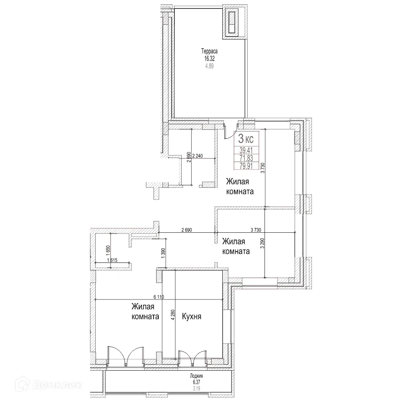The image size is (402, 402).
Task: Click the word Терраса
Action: click(x=209, y=51)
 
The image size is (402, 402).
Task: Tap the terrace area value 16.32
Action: click(x=209, y=59)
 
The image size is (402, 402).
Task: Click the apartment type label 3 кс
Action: click(x=246, y=139)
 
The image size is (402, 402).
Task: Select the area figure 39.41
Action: click(x=246, y=151)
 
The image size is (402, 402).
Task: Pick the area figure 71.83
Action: click(x=246, y=158)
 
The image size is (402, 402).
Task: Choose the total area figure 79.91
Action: click(x=246, y=165)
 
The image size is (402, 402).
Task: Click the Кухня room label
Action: click(x=192, y=316)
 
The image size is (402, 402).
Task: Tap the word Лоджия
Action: click(x=197, y=376)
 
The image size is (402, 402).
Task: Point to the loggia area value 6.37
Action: click(x=197, y=382)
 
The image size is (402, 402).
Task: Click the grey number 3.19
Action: click(x=197, y=388)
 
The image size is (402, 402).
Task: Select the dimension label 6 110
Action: click(x=159, y=297)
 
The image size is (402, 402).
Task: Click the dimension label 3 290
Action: click(x=263, y=244)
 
